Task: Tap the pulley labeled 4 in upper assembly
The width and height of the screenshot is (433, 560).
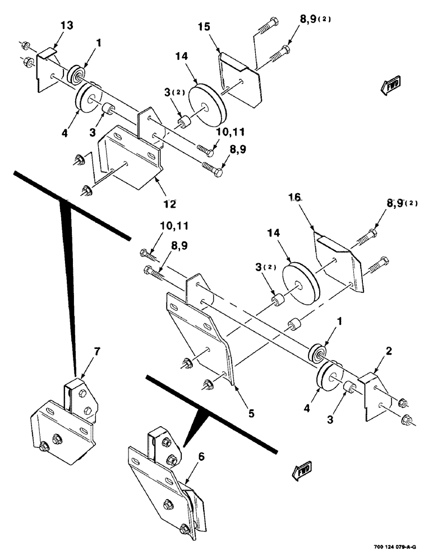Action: coord(87,100)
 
